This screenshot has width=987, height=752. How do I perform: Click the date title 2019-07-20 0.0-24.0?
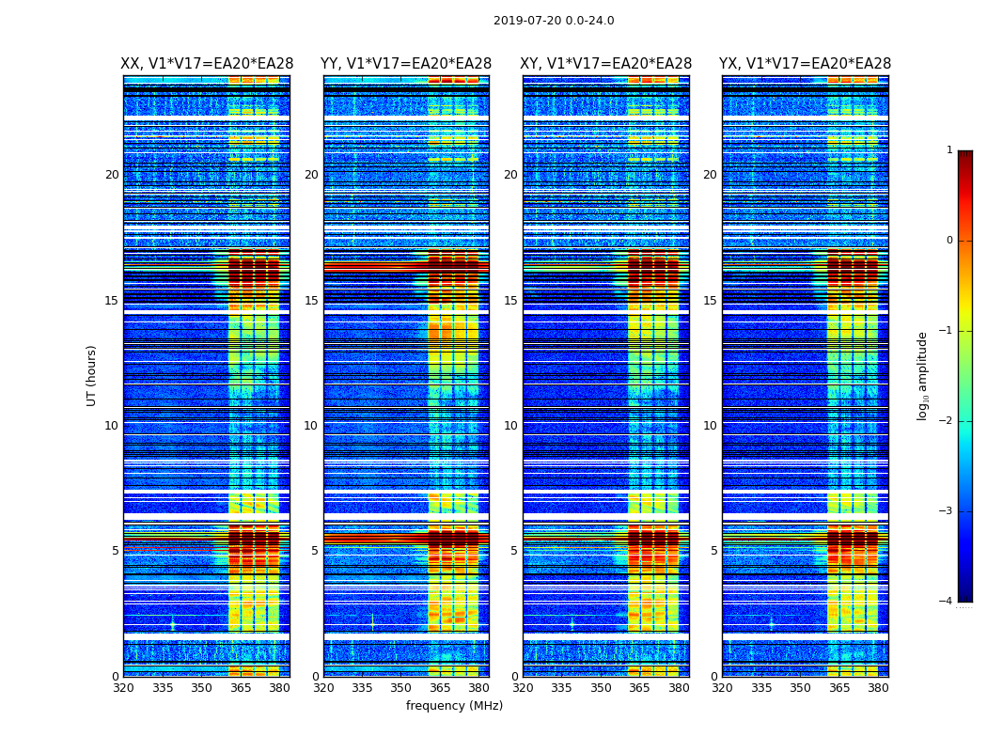pyautogui.click(x=554, y=21)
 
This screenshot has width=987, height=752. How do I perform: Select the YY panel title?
pyautogui.click(x=406, y=64)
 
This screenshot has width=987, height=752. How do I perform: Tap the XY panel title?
pyautogui.click(x=606, y=64)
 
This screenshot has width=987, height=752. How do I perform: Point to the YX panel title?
pyautogui.click(x=805, y=64)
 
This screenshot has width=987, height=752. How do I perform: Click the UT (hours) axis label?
pyautogui.click(x=92, y=375)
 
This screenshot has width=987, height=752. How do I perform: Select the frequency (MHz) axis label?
pyautogui.click(x=454, y=706)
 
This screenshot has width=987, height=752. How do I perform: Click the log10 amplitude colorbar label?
pyautogui.click(x=922, y=375)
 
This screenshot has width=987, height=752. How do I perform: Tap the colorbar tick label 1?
pyautogui.click(x=948, y=150)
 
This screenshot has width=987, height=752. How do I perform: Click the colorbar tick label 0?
pyautogui.click(x=948, y=241)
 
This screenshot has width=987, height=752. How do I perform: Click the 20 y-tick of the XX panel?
pyautogui.click(x=112, y=175)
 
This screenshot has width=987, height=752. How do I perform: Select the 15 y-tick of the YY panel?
pyautogui.click(x=311, y=301)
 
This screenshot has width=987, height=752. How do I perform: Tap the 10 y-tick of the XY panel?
pyautogui.click(x=510, y=426)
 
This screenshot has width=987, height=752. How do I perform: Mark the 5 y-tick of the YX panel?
pyautogui.click(x=713, y=551)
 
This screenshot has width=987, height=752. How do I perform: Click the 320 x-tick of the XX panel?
pyautogui.click(x=123, y=688)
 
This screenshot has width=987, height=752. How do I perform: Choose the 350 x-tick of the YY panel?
pyautogui.click(x=401, y=688)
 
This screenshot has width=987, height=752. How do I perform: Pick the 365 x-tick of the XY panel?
pyautogui.click(x=639, y=688)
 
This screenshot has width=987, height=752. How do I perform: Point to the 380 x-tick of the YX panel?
pyautogui.click(x=878, y=688)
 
